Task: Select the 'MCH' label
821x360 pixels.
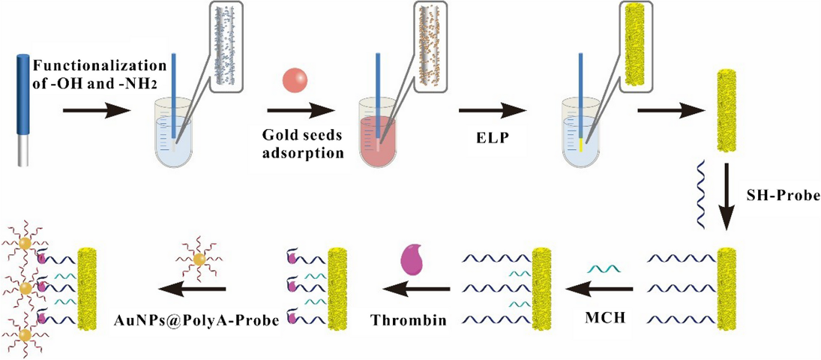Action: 604,320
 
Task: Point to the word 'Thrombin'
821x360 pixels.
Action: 407,321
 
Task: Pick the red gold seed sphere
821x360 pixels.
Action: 294,80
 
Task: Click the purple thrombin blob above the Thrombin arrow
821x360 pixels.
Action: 413,259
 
